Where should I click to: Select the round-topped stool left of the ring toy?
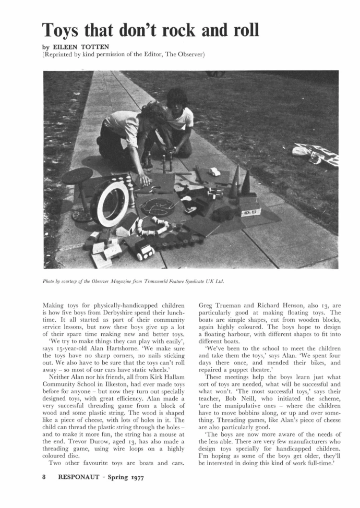coord(78,177)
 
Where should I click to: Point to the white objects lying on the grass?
coord(315,153)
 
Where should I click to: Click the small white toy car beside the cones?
coord(214,172)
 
